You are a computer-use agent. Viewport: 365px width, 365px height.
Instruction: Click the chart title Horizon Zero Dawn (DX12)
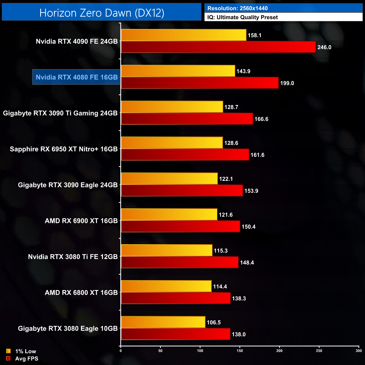(102, 13)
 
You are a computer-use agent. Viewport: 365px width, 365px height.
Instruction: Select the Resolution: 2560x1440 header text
(237, 8)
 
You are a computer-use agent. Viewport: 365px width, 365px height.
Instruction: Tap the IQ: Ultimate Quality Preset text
(242, 17)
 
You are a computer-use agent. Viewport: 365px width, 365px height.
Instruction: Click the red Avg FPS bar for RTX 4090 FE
(218, 47)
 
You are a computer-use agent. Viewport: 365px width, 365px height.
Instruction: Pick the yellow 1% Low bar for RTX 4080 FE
(178, 71)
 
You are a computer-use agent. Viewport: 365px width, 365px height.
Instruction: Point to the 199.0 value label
(287, 83)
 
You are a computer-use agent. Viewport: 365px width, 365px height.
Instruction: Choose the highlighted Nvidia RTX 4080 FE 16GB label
(77, 77)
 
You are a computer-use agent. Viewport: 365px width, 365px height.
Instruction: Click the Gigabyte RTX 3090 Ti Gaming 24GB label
(60, 113)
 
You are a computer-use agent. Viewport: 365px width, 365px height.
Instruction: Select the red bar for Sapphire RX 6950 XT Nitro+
(185, 155)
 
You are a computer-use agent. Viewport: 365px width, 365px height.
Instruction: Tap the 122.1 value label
(226, 179)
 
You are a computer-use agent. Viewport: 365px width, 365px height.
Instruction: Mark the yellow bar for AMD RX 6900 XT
(169, 215)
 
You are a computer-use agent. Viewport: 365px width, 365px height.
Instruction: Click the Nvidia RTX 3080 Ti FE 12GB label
(73, 257)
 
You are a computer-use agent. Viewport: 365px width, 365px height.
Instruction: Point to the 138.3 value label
(239, 298)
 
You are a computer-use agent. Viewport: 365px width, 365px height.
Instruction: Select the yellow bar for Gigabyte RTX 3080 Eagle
(163, 322)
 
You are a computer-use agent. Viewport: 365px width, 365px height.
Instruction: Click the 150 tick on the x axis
(240, 351)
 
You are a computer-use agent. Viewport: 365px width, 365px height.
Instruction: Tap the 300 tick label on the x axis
(359, 351)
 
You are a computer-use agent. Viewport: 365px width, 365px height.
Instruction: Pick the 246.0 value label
(324, 47)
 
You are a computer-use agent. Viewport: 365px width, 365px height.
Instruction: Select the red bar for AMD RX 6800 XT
(175, 298)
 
